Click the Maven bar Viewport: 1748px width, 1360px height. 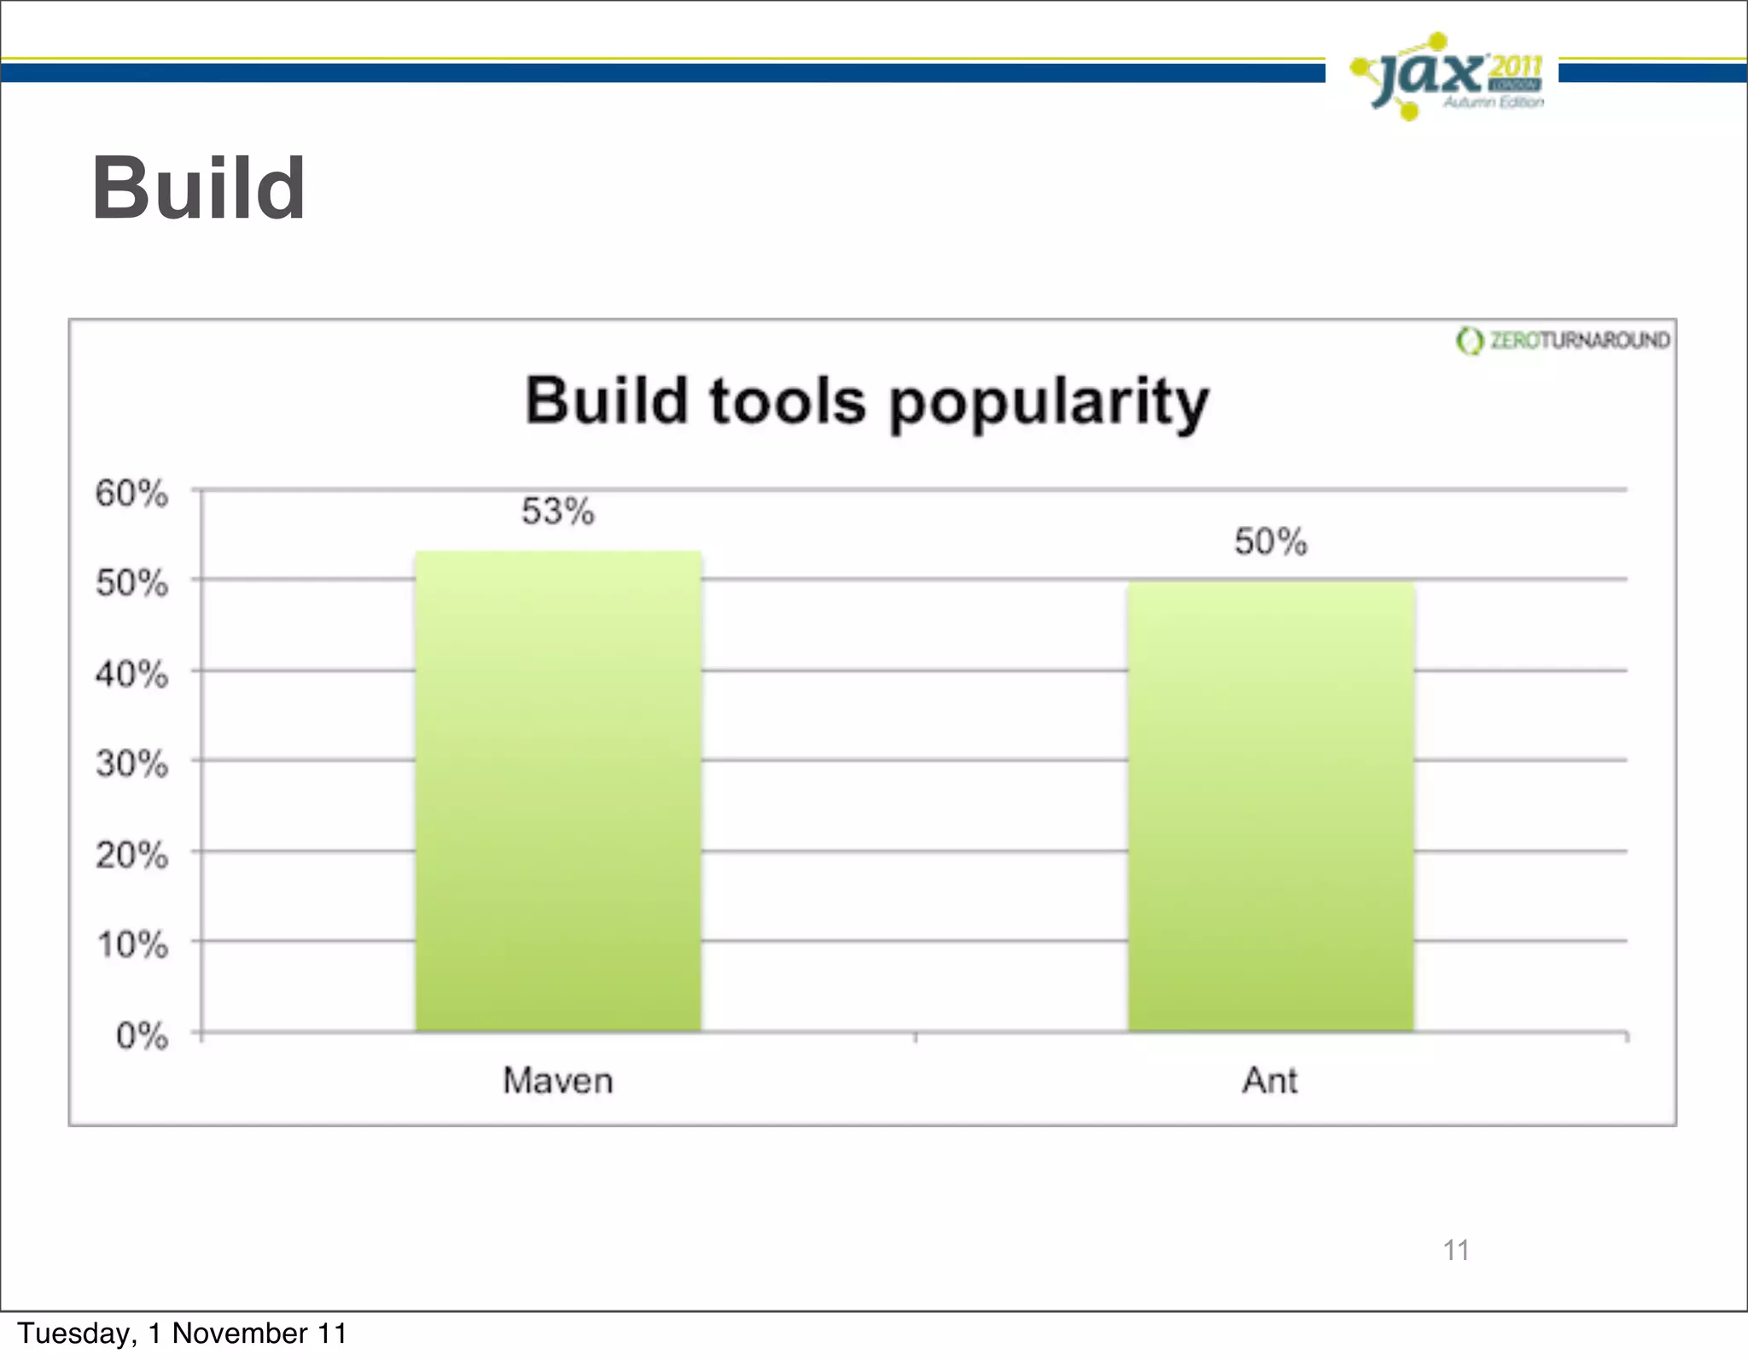558,791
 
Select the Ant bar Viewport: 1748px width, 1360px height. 1271,807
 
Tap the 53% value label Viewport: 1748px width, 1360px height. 558,511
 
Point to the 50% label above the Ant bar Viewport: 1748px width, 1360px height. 1271,542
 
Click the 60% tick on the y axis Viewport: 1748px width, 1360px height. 131,493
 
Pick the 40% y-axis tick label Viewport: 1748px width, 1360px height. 131,674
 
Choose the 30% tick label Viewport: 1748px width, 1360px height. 131,763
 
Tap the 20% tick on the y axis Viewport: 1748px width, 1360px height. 131,855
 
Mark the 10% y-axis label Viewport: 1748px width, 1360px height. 131,945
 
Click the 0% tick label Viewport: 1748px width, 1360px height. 142,1036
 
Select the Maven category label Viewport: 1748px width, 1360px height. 558,1081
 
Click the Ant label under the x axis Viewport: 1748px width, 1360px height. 1270,1081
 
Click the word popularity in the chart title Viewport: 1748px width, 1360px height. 1049,403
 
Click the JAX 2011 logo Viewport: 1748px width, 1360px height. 1448,77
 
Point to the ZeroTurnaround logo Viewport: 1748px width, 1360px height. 1563,341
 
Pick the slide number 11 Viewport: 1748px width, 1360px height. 1455,1250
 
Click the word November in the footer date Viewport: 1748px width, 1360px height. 240,1333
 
